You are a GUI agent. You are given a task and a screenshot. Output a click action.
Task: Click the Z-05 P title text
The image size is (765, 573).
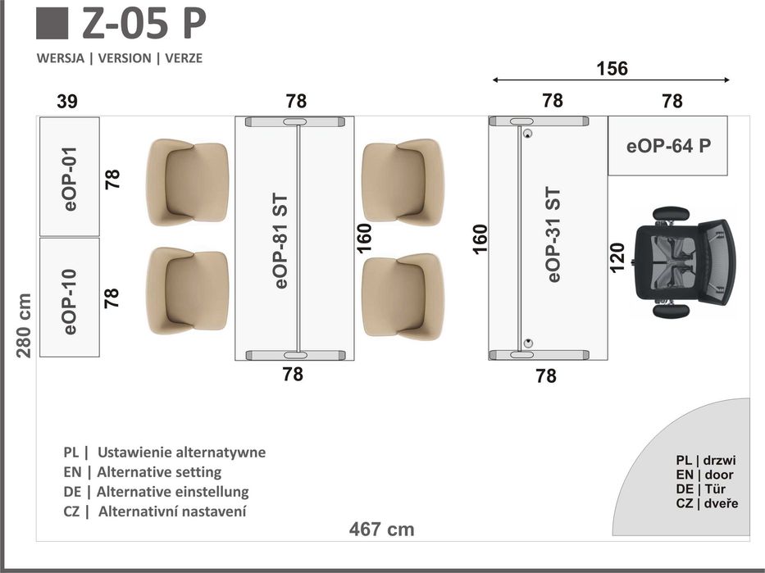coord(144,23)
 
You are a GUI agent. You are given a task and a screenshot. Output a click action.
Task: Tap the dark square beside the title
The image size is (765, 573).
coord(52,24)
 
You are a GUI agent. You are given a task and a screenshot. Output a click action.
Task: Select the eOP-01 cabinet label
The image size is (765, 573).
coord(70,179)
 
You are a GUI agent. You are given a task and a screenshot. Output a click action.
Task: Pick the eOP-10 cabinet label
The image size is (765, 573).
coord(70,302)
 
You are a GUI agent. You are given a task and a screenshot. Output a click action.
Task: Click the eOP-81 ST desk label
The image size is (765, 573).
coord(281,241)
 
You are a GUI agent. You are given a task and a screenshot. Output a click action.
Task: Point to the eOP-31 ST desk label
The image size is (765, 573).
coord(553,234)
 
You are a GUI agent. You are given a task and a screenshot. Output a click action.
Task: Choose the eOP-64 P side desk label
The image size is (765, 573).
coord(668,146)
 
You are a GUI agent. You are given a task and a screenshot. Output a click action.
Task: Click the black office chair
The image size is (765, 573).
coord(683,262)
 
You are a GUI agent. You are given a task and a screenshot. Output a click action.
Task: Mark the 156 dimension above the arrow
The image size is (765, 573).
coord(612,68)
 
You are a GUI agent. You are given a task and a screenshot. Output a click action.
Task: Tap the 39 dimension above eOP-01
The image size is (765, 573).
coord(67,102)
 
